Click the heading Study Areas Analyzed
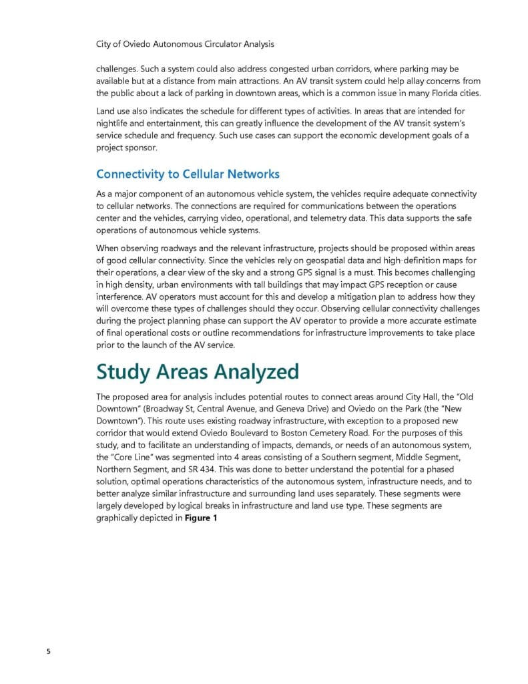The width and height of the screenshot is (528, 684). (x=197, y=372)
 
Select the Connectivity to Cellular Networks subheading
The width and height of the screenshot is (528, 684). (x=188, y=174)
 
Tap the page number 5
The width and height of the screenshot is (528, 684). (x=48, y=651)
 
